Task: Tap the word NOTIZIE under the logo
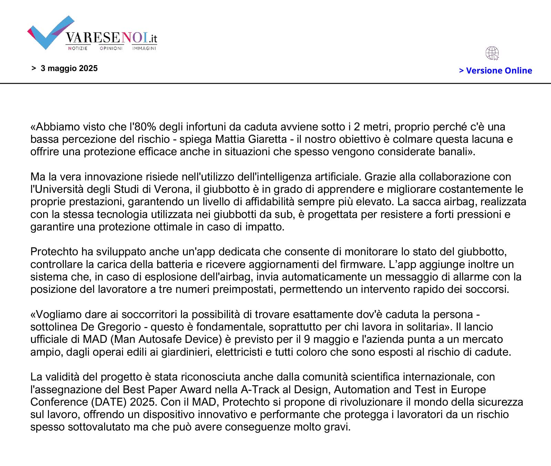pyautogui.click(x=78, y=48)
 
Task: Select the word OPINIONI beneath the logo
pyautogui.click(x=111, y=48)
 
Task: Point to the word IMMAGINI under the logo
pyautogui.click(x=144, y=48)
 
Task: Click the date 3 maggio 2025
pyautogui.click(x=69, y=68)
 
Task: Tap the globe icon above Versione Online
pyautogui.click(x=492, y=53)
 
